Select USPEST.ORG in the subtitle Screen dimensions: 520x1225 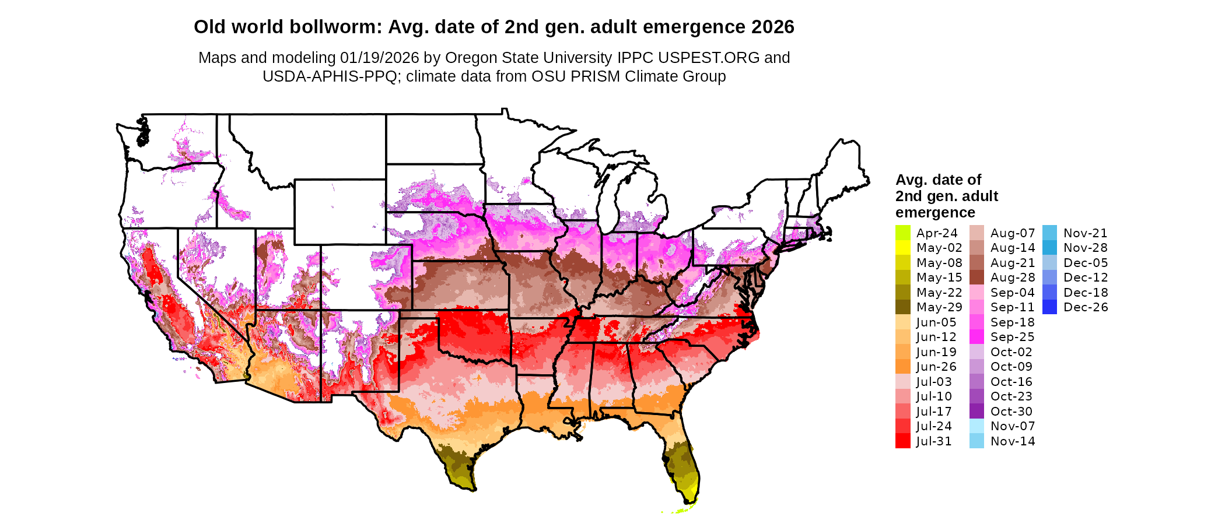pos(709,58)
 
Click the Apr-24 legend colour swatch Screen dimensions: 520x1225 pos(902,233)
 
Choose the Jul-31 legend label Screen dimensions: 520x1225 pos(933,441)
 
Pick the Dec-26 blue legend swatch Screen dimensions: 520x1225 pos(1049,307)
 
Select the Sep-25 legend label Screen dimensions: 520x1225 pos(1012,337)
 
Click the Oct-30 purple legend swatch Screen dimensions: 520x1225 pos(977,412)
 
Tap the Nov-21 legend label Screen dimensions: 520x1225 pos(1085,233)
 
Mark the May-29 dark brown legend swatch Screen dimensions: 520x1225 pos(902,307)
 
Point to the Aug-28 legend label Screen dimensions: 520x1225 pos(1012,277)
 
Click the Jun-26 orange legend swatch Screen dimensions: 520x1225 pos(902,367)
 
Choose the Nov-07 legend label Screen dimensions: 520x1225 pos(1012,426)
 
